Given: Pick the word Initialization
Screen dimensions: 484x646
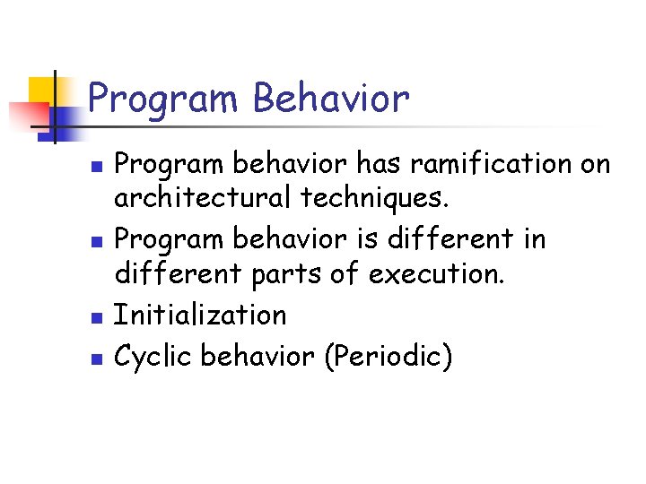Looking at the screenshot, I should pos(200,315).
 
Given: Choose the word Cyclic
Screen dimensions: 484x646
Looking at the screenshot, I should pos(153,356).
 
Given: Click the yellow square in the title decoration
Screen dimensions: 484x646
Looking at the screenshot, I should pos(43,91).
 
